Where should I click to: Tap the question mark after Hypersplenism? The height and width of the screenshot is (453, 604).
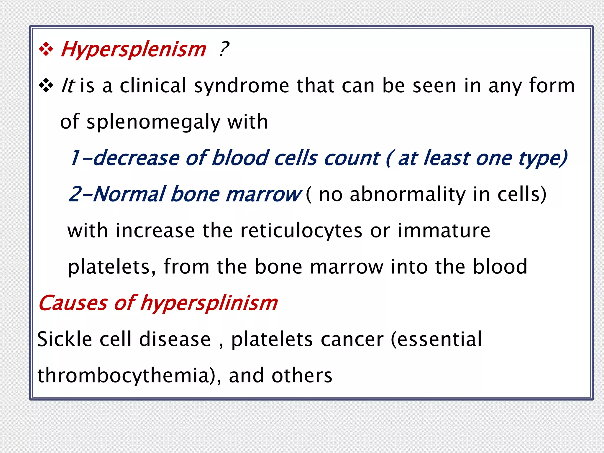[224, 49]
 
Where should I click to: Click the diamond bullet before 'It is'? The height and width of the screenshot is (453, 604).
[46, 86]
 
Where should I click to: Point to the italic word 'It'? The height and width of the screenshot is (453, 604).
[68, 86]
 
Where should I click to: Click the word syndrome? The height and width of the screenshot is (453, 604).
[242, 86]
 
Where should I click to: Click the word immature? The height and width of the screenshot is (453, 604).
[444, 231]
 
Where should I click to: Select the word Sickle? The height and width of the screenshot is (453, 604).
[65, 339]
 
